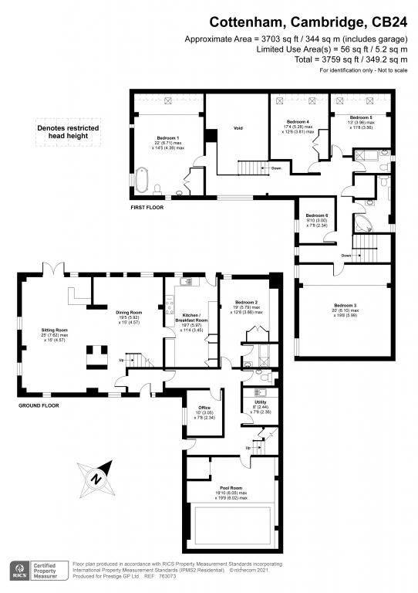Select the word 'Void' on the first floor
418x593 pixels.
pos(238,128)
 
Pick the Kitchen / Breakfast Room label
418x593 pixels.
pos(190,324)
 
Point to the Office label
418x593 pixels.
pos(204,408)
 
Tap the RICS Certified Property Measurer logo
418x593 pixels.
pos(36,570)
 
